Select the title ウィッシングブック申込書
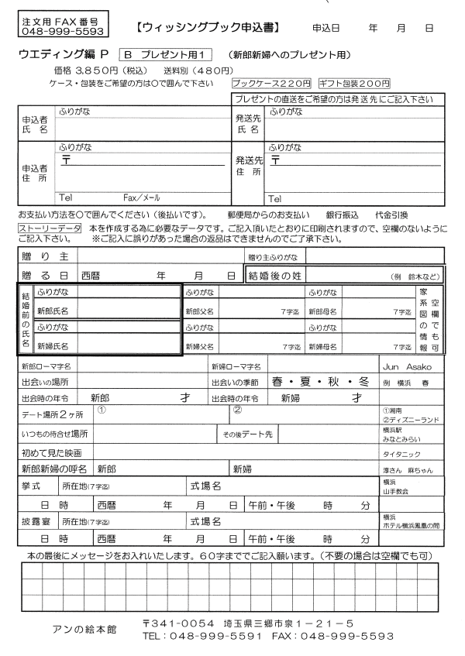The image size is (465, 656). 207,29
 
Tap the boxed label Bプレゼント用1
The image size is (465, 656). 165,55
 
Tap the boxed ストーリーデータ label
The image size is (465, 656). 50,228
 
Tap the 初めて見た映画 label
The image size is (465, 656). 51,452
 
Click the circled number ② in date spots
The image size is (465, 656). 238,410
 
